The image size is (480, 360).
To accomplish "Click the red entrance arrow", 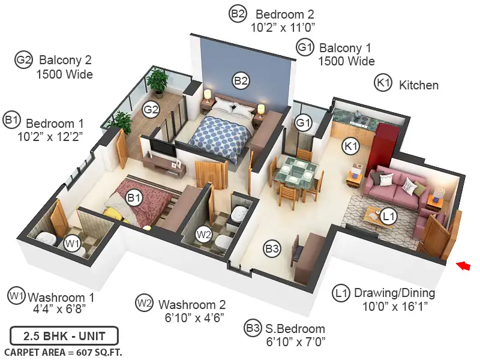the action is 463,266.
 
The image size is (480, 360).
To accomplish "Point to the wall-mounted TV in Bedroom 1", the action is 163,148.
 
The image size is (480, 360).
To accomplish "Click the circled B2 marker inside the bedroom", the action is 241,81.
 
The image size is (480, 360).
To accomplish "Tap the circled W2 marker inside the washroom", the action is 204,235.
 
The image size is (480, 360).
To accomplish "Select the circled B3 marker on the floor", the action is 272,248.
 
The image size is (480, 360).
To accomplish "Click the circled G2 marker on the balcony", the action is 151,109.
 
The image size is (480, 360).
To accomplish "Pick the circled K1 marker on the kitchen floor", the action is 351,146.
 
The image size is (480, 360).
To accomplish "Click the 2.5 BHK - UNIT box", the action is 64,336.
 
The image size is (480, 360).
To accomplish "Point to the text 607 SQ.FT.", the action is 99,353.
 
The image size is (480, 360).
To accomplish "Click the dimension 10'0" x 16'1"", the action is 395,306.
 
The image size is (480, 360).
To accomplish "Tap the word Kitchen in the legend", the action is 419,85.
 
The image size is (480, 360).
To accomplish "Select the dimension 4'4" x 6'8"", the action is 59,308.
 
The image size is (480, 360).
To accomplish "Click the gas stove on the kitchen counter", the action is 359,119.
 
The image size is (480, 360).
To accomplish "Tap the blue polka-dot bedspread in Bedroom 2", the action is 221,137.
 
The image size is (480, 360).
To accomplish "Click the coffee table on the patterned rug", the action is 377,218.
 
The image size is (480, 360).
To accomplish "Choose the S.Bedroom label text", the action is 295,329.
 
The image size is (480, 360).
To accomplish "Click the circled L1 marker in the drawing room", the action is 388,217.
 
